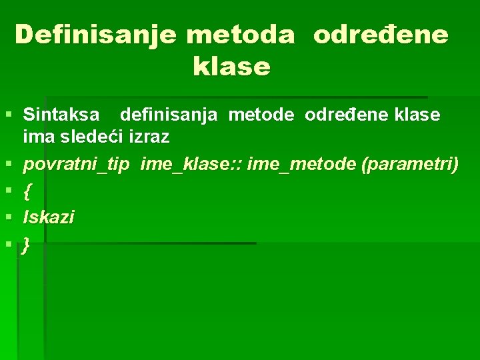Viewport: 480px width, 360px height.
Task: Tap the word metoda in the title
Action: (x=240, y=35)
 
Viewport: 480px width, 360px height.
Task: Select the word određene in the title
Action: (x=381, y=35)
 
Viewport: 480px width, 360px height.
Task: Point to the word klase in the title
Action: (x=231, y=67)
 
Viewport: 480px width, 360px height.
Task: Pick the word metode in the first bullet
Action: (x=261, y=115)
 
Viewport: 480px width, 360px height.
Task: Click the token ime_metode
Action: (x=301, y=165)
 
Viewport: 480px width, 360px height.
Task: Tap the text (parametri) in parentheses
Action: (x=409, y=165)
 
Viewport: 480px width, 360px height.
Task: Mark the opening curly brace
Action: (x=27, y=191)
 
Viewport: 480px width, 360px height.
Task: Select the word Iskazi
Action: (x=49, y=217)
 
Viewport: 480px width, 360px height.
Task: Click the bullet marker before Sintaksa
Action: (x=9, y=115)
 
